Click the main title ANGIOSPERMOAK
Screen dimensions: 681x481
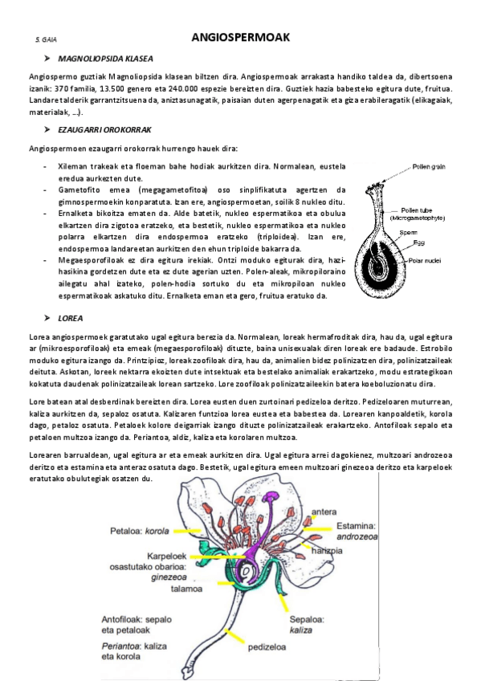(241, 37)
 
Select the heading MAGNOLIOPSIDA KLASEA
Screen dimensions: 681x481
(105, 59)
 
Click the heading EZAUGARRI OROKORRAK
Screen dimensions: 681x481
(104, 129)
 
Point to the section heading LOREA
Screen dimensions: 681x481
(70, 318)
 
